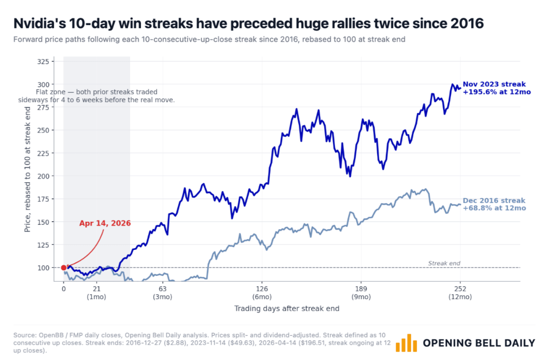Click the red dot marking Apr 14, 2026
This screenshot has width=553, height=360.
64,268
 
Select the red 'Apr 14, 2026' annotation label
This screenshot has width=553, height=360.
105,223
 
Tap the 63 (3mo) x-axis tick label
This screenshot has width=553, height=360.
163,292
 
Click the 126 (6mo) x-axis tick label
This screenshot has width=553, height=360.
262,292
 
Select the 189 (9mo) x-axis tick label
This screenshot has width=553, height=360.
361,292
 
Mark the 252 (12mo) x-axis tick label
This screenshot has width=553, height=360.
460,292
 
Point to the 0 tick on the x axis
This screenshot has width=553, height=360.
64,288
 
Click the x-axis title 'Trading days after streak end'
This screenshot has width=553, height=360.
287,309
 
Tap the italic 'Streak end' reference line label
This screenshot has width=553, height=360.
444,263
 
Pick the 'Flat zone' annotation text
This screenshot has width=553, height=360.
96,96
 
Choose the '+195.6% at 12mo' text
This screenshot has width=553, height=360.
497,92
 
